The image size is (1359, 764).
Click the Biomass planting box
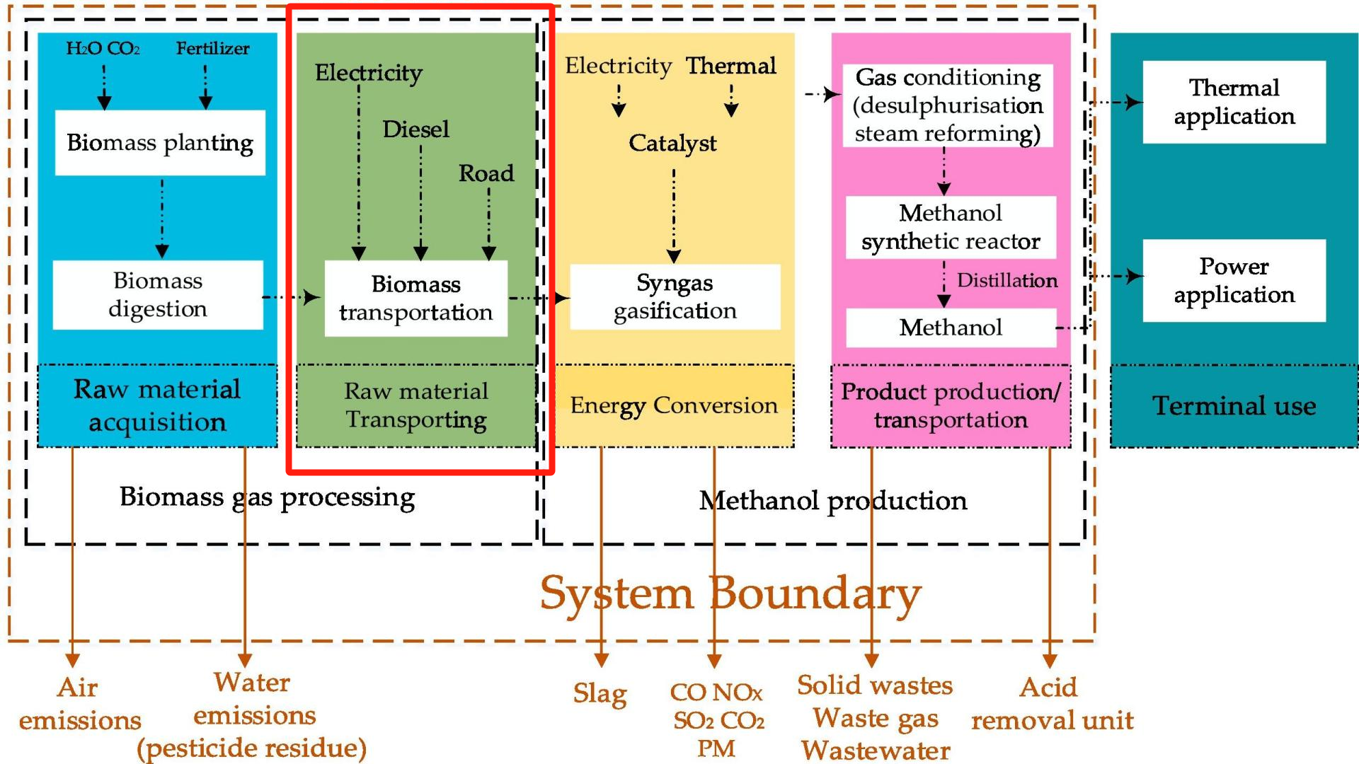[160, 143]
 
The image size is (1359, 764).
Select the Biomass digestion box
[158, 295]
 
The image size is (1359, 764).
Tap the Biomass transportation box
[415, 298]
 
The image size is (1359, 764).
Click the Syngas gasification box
[675, 296]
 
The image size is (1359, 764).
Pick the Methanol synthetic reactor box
[951, 227]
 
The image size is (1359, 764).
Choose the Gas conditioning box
[948, 105]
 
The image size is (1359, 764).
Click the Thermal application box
[1234, 102]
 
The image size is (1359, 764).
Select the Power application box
[1234, 280]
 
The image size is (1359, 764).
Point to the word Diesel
[415, 129]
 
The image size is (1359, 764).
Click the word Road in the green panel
[486, 173]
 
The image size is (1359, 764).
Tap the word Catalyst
[672, 144]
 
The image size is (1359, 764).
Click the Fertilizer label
[212, 49]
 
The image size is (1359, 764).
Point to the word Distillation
[1007, 281]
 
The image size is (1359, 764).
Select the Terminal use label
[1234, 406]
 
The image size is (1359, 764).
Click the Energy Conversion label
[674, 405]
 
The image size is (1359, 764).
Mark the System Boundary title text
[730, 594]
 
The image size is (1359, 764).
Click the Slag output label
[600, 693]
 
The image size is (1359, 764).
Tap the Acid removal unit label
[1052, 704]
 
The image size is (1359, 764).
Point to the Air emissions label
[79, 704]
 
